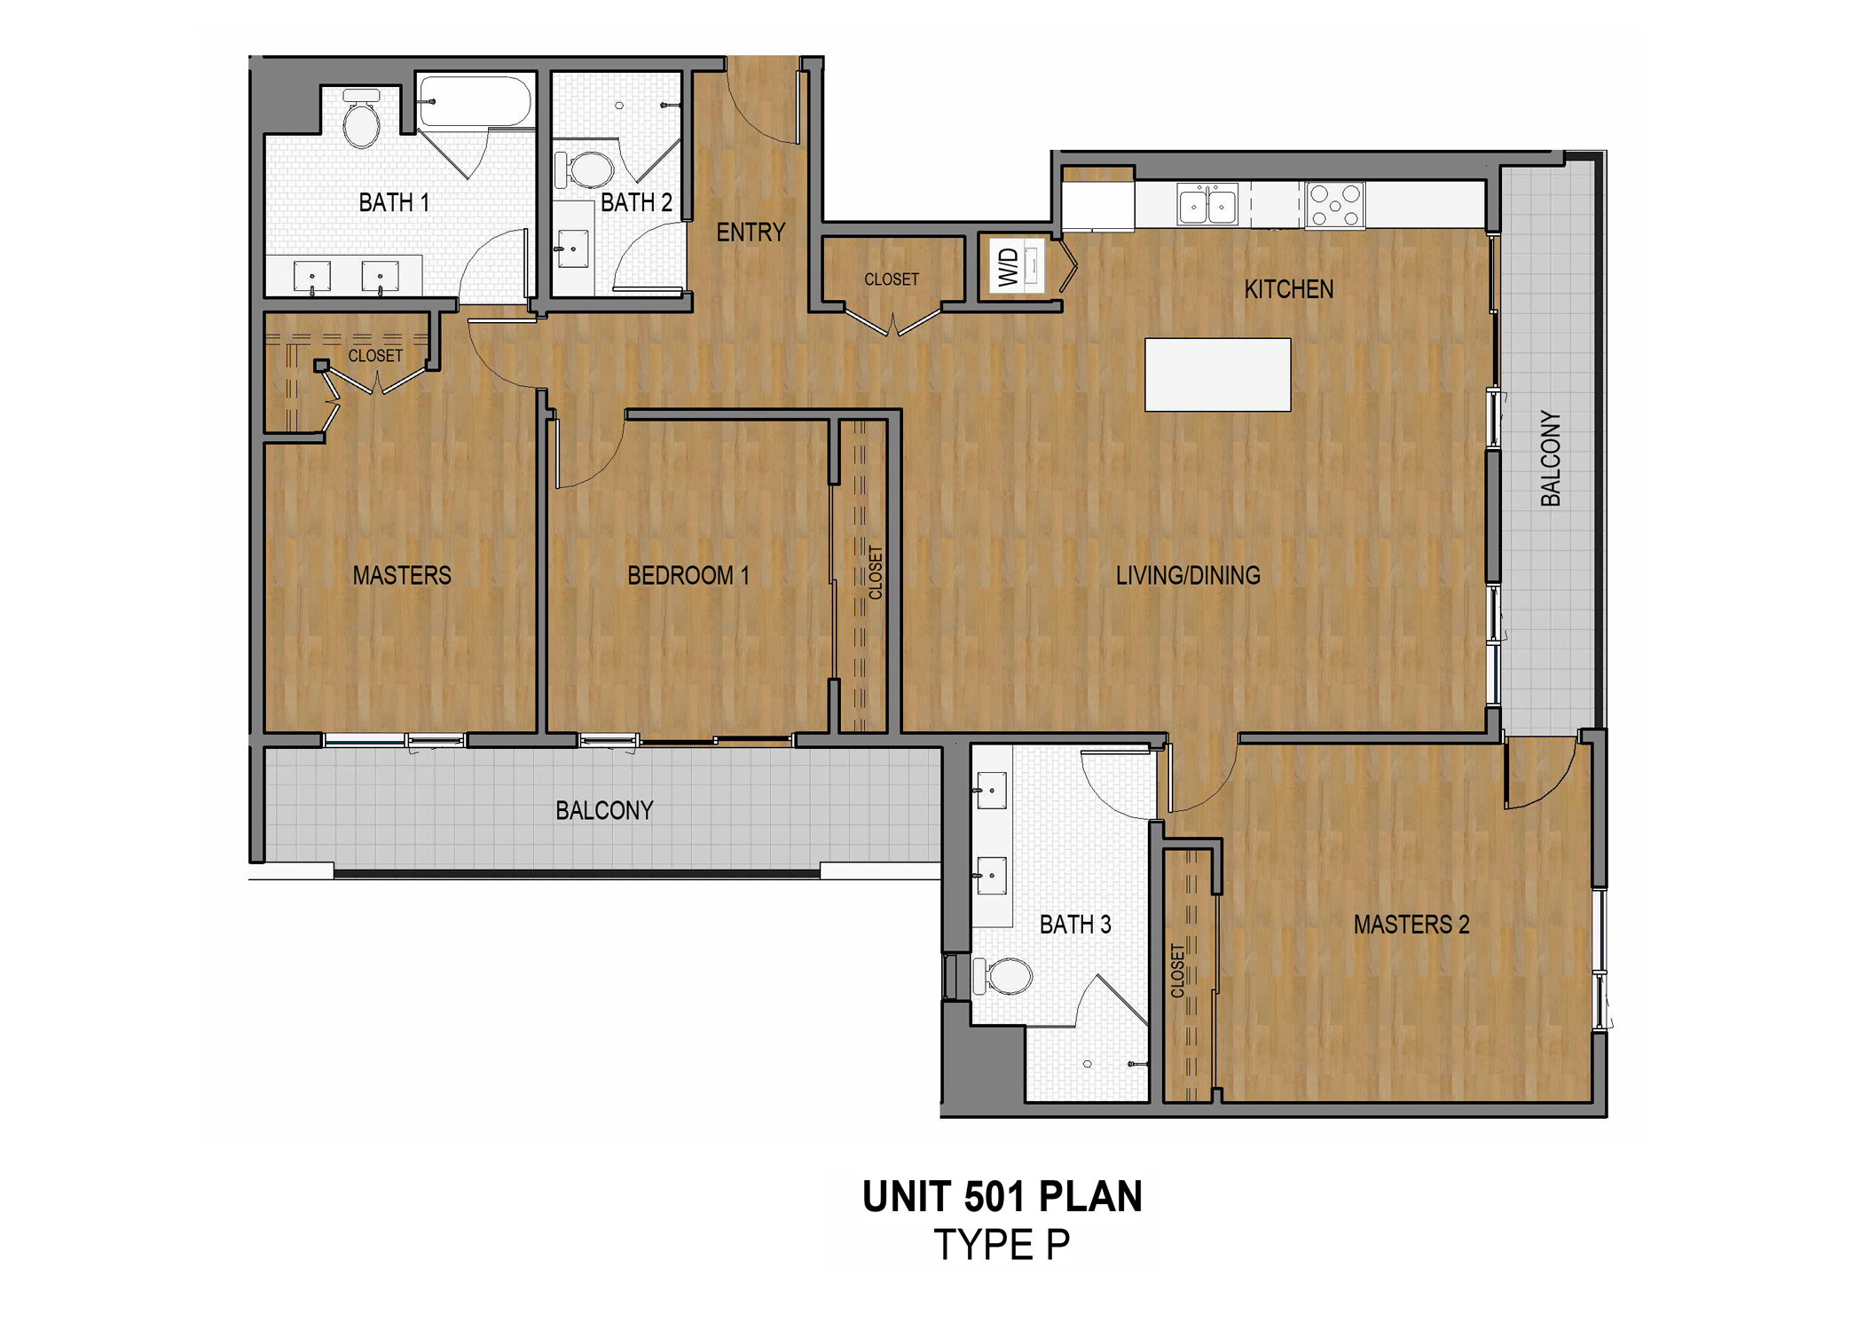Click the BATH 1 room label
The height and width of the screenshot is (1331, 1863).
click(x=394, y=203)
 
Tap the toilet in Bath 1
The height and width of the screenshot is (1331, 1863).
click(x=361, y=121)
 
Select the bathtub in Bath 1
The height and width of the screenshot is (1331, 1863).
click(x=476, y=101)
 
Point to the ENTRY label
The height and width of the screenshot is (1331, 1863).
click(x=751, y=232)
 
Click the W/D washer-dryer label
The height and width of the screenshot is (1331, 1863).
click(x=1009, y=266)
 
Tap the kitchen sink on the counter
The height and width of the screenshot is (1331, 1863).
click(x=1207, y=206)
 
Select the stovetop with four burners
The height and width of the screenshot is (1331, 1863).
click(x=1335, y=205)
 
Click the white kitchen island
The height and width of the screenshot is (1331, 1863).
click(x=1217, y=374)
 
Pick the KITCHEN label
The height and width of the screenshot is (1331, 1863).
click(x=1288, y=289)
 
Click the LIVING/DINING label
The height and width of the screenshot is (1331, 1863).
click(x=1188, y=576)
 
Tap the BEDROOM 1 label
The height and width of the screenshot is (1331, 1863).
click(x=688, y=576)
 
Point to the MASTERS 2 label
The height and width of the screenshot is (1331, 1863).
click(x=1411, y=925)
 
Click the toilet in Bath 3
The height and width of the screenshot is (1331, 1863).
click(x=1006, y=976)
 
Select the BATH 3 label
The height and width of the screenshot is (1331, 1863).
click(x=1075, y=925)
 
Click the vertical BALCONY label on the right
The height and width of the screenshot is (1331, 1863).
click(x=1550, y=459)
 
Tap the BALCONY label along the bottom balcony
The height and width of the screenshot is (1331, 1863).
click(x=604, y=810)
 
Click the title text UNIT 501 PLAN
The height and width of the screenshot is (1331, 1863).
click(x=1002, y=1197)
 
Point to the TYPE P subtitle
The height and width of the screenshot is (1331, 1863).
click(x=1002, y=1245)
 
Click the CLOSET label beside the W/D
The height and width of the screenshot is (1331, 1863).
click(x=892, y=280)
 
